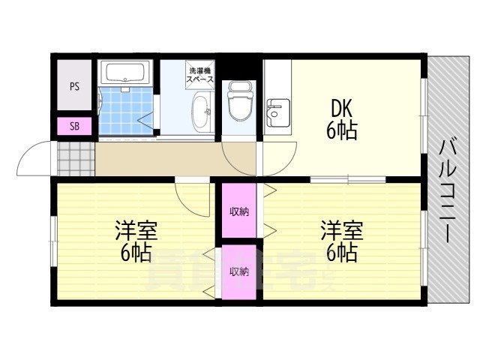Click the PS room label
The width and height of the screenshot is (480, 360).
point(74,86)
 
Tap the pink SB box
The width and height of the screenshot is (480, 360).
point(74,126)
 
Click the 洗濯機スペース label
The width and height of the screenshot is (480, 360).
point(200,74)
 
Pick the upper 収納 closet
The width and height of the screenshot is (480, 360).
point(239,211)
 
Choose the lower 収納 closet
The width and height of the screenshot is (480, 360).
point(239,271)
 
